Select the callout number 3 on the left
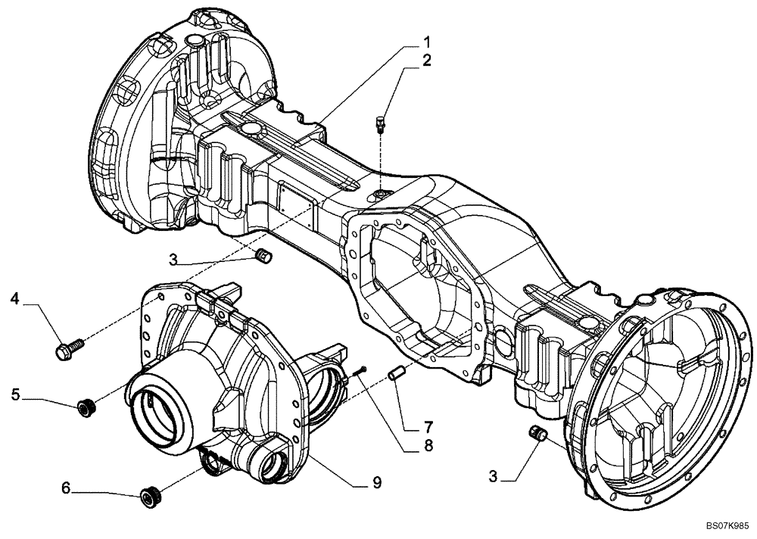coord(173,260)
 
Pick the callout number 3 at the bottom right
coord(494,476)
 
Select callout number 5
coord(14,394)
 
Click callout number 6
coord(66,490)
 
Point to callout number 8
coord(428,446)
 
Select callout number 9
coord(376,482)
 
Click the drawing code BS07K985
coord(727,524)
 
